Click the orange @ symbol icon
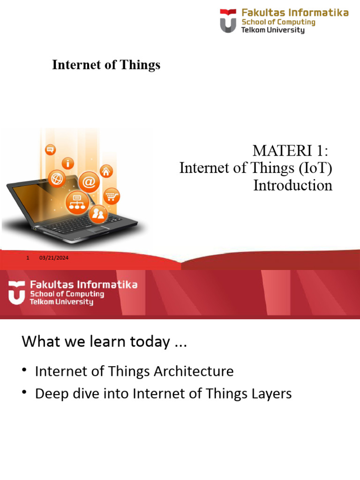tap(89, 181)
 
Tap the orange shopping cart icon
tap(112, 196)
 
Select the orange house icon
tap(106, 171)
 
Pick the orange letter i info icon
tap(68, 164)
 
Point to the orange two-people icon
tap(98, 214)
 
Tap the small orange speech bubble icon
tap(50, 150)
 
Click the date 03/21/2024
tap(54, 259)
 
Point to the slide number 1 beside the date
tap(29, 259)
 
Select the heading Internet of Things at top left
tap(106, 65)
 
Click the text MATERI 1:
tap(292, 151)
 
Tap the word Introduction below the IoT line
tap(292, 185)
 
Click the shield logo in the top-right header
tap(228, 21)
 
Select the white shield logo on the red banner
tap(16, 293)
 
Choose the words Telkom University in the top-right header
tap(272, 30)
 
